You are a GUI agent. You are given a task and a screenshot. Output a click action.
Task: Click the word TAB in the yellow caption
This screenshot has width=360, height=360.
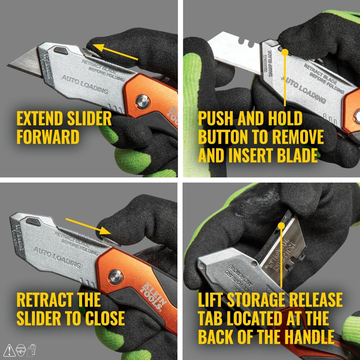213,318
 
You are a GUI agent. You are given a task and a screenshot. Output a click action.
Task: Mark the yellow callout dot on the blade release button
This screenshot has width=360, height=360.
285,53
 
